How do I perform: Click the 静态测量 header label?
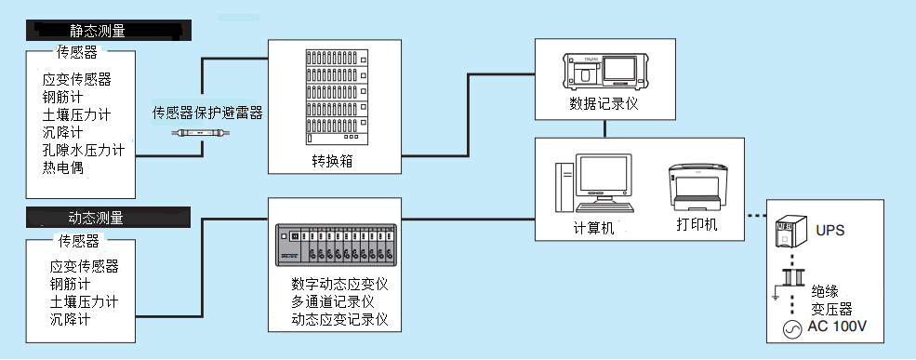point(98,30)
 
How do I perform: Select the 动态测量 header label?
point(96,219)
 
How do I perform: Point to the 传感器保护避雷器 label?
point(207,113)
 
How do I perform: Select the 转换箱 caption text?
point(331,161)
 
